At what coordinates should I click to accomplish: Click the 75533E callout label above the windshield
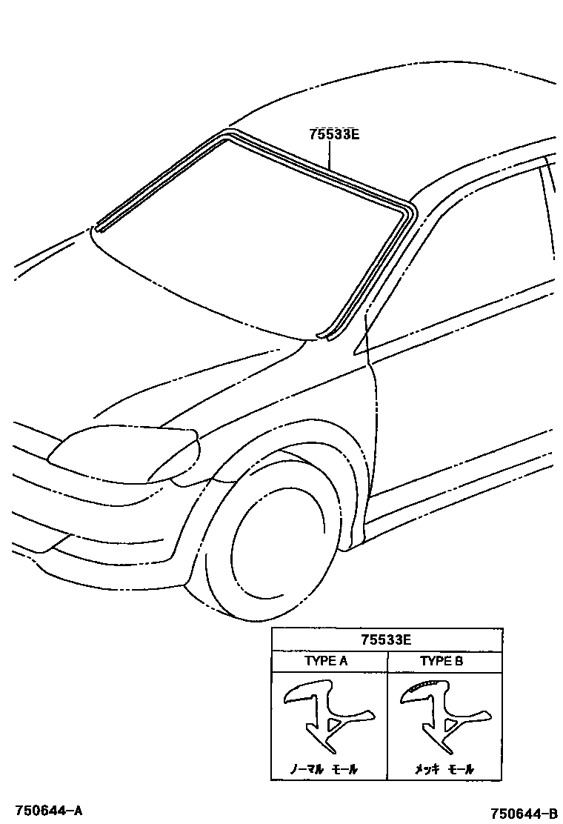[334, 135]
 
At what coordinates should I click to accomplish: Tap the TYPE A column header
[326, 661]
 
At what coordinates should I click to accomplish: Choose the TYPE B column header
[442, 661]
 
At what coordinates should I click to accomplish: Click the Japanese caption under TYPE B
[444, 770]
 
